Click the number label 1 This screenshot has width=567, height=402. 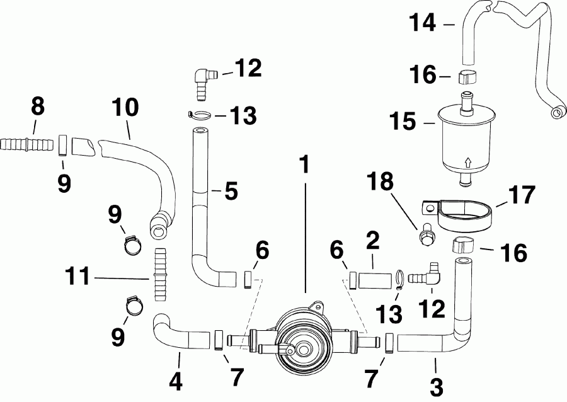click(x=305, y=166)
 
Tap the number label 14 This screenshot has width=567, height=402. click(x=422, y=23)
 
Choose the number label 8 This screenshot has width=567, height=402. click(x=38, y=106)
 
